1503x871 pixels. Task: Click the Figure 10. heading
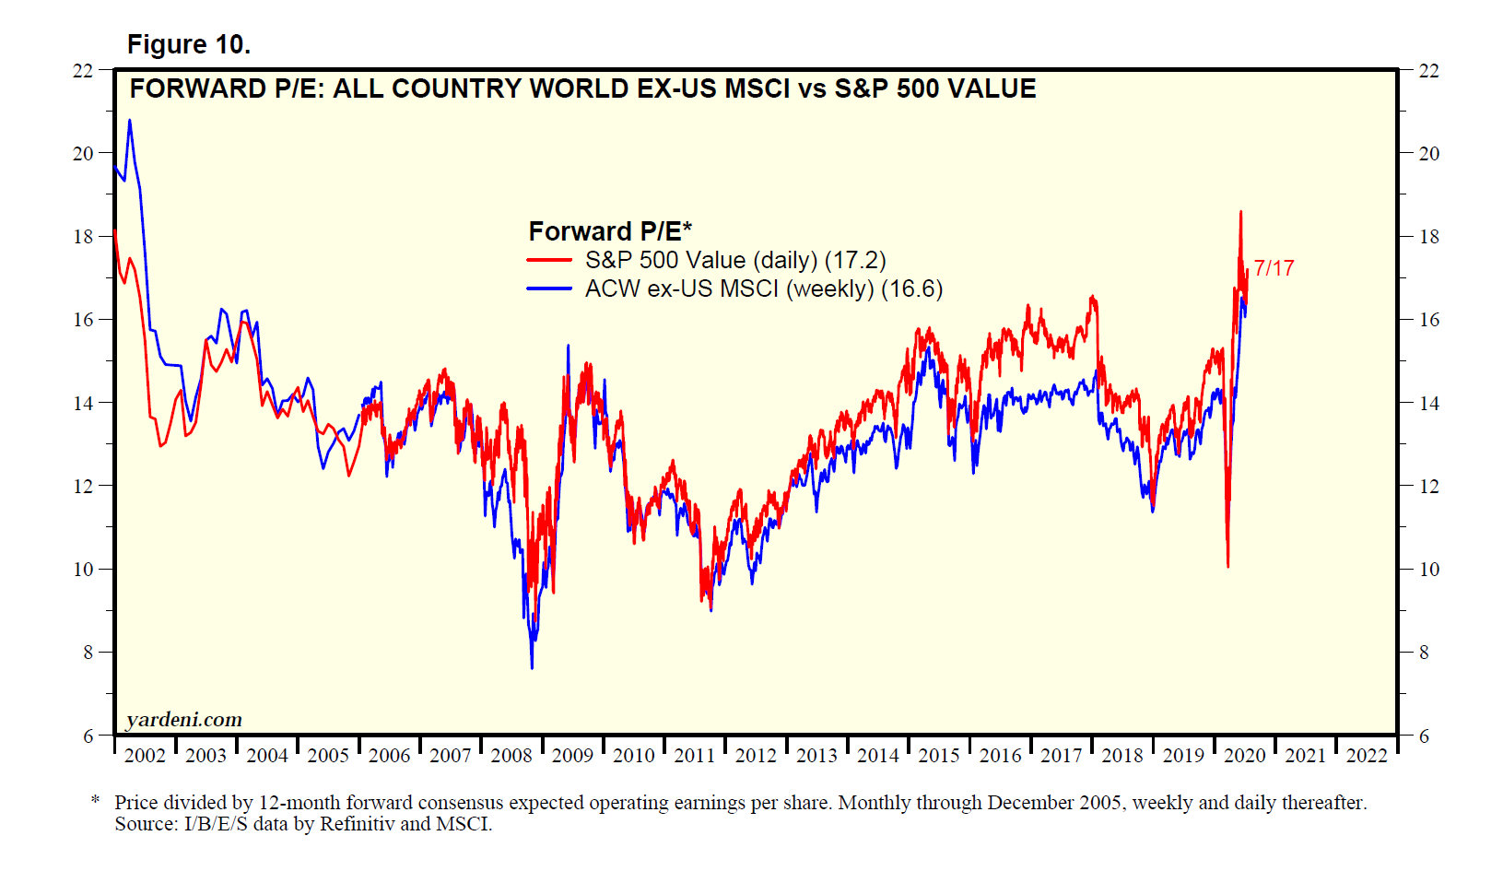tap(189, 44)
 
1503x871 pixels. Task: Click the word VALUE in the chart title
tap(992, 88)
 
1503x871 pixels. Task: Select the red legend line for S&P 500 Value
tap(549, 261)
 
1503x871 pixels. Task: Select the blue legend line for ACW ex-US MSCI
tap(549, 289)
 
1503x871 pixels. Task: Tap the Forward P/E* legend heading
tap(609, 230)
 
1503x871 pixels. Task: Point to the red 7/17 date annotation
tap(1274, 268)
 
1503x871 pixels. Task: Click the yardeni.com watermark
tap(184, 720)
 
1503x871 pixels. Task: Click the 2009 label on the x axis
tap(572, 756)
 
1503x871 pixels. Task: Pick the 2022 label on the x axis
tap(1366, 756)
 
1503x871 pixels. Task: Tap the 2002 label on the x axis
tap(145, 756)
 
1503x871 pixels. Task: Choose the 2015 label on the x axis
tap(938, 756)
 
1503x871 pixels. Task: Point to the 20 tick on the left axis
tap(83, 154)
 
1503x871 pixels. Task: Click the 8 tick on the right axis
tap(1424, 653)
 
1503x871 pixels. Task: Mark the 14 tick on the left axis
tap(83, 403)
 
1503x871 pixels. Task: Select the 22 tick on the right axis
tap(1428, 71)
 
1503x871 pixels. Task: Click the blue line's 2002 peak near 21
tap(129, 120)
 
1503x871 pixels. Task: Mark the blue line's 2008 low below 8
tap(532, 667)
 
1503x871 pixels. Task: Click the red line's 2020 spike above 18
tap(1240, 212)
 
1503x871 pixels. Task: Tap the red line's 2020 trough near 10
tap(1227, 566)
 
